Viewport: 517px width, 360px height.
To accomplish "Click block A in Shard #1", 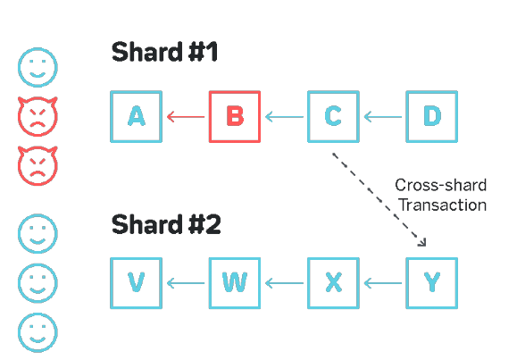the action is pyautogui.click(x=137, y=116).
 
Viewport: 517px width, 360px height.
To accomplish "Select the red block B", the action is pyautogui.click(x=235, y=116).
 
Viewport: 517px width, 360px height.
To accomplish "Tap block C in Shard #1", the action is pyautogui.click(x=333, y=116).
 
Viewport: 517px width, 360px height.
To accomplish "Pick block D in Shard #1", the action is pyautogui.click(x=432, y=116).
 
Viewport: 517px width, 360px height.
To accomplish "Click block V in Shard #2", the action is pyautogui.click(x=137, y=283).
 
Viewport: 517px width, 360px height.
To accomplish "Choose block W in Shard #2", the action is pyautogui.click(x=235, y=283).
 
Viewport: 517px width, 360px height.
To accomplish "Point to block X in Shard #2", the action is pyautogui.click(x=333, y=283).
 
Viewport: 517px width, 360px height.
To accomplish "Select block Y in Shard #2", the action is pyautogui.click(x=432, y=283).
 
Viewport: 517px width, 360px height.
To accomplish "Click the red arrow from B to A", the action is pyautogui.click(x=186, y=116).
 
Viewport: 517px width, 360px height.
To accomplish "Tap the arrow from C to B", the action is pyautogui.click(x=284, y=116).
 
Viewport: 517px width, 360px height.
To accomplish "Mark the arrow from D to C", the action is pyautogui.click(x=383, y=116).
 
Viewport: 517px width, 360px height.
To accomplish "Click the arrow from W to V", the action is pyautogui.click(x=186, y=283).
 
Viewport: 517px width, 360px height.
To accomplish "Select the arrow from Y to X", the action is pyautogui.click(x=383, y=283).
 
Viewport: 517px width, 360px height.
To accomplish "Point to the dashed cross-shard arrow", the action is pyautogui.click(x=379, y=199).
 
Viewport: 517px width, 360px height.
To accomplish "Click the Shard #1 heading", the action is pyautogui.click(x=164, y=52).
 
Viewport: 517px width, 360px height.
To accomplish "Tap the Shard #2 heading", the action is pyautogui.click(x=166, y=224).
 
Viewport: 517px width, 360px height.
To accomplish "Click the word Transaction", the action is pyautogui.click(x=443, y=205).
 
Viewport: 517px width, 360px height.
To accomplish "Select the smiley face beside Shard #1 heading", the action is pyautogui.click(x=38, y=67).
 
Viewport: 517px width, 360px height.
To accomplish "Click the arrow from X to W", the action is pyautogui.click(x=284, y=283).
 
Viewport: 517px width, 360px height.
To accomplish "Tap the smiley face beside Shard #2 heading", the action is pyautogui.click(x=38, y=234).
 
